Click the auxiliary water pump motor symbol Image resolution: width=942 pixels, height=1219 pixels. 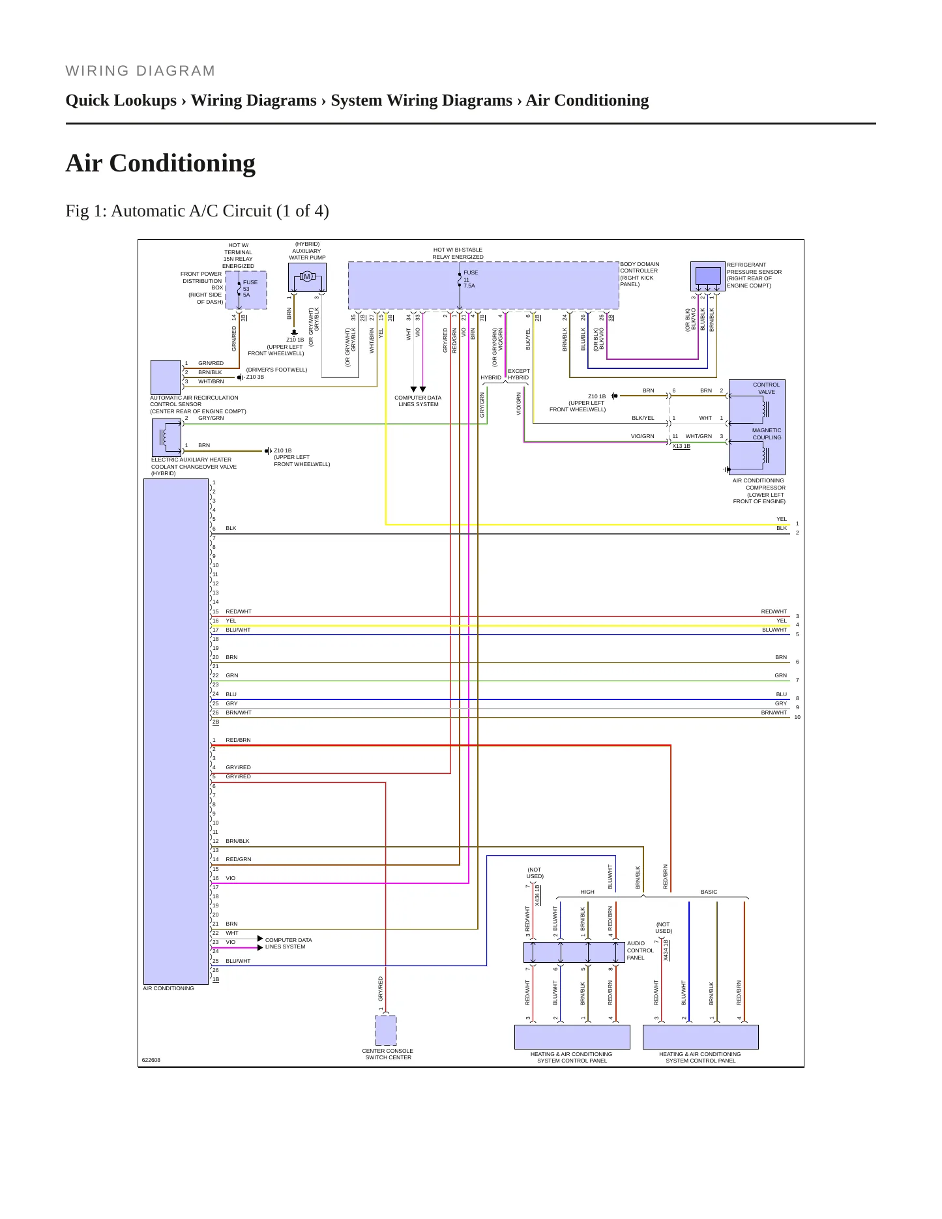click(307, 277)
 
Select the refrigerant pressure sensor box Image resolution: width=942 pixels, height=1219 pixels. click(708, 276)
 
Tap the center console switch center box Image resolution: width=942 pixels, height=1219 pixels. click(386, 1030)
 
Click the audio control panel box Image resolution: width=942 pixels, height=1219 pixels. click(574, 952)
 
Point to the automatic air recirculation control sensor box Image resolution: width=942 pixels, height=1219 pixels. click(166, 377)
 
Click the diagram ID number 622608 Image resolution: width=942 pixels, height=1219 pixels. click(151, 1060)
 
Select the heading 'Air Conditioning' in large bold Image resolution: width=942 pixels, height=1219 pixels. click(160, 163)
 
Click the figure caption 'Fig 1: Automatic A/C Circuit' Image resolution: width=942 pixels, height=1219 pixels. click(197, 211)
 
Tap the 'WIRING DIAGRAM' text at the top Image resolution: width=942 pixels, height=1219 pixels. click(140, 71)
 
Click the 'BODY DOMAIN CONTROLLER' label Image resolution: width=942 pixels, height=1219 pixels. click(640, 267)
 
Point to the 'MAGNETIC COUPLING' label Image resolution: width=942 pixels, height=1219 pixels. click(767, 433)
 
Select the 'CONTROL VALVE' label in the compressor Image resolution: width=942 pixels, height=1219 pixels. click(767, 388)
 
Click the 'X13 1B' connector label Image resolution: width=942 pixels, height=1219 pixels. click(681, 446)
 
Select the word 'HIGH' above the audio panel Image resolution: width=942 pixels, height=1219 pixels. click(587, 892)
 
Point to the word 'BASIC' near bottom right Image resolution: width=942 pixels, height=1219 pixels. click(709, 892)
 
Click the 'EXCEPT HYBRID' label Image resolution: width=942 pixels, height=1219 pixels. click(518, 374)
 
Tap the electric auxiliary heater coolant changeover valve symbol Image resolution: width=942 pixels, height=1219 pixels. click(167, 437)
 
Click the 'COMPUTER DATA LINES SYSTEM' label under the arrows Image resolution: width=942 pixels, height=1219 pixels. click(418, 401)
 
